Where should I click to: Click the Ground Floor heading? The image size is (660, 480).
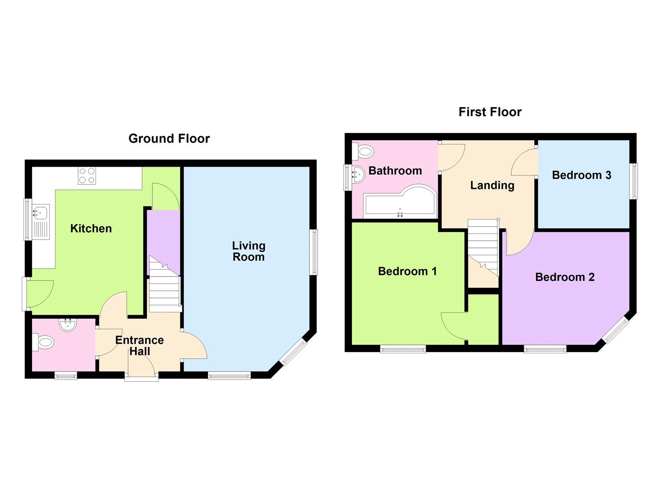169,139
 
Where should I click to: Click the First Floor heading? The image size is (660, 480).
490,112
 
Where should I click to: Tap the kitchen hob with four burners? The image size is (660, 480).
87,176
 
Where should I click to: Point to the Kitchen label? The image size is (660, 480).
91,228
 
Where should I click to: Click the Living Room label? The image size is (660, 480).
249,251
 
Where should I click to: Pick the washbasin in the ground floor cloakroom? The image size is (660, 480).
68,325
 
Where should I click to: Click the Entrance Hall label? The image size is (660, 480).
140,346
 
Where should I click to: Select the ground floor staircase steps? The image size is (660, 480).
165,284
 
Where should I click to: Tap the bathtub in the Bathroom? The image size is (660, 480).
400,202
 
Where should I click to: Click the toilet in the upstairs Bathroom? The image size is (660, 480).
364,152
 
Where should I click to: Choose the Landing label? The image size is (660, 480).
492,185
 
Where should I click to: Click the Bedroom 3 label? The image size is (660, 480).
581,175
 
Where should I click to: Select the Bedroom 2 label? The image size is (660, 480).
564,277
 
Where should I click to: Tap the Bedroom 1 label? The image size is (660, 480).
407,271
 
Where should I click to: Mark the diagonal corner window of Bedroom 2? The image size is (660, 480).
616,330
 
